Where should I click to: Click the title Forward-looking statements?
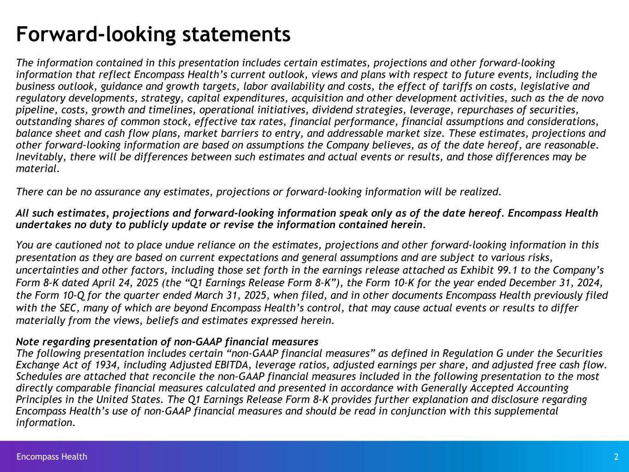[x=153, y=34]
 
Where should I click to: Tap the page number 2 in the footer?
[x=616, y=457]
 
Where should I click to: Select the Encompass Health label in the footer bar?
[x=52, y=457]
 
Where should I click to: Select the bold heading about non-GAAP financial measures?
[x=167, y=342]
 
